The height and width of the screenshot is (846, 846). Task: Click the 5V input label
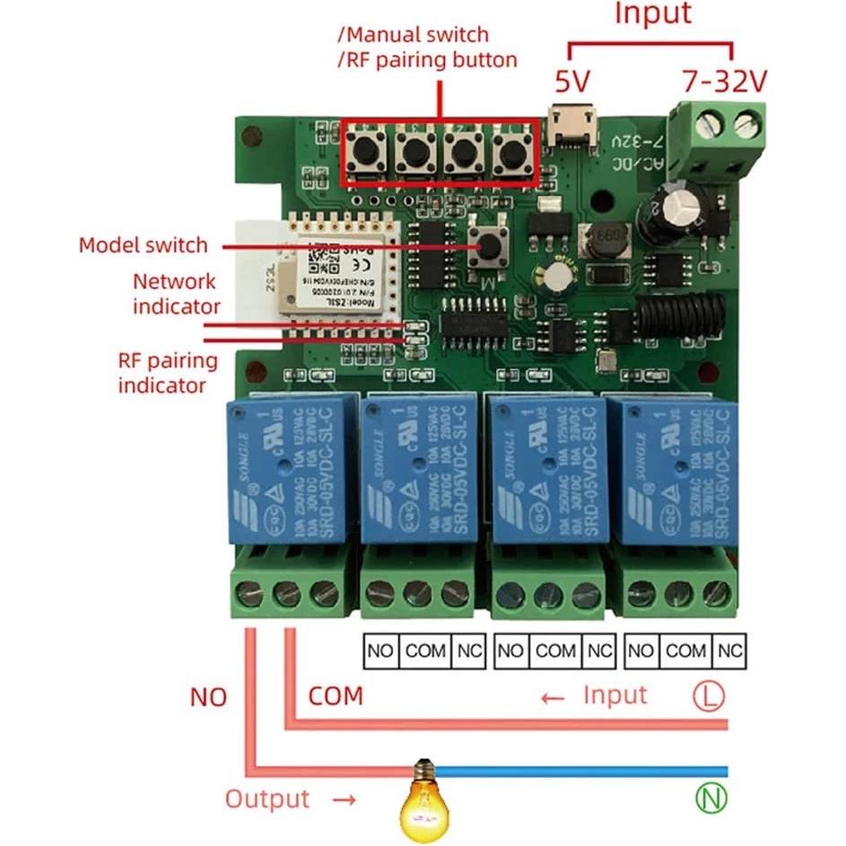(571, 83)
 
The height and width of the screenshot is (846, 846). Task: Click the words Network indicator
(176, 293)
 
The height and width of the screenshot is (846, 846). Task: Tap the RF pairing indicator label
(169, 373)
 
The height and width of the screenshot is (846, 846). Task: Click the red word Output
(266, 798)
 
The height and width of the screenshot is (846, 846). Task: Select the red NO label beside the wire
(208, 697)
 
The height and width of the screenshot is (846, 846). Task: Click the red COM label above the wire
(336, 695)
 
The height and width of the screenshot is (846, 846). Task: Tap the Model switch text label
(143, 245)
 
